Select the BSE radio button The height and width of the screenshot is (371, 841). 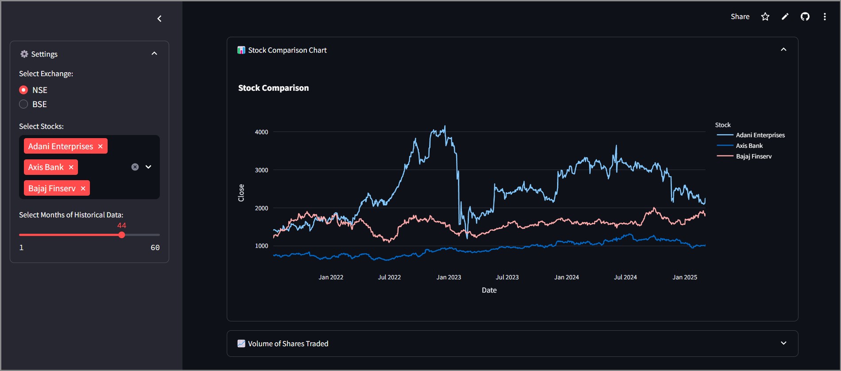coord(23,104)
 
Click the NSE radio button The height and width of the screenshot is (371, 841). coord(23,90)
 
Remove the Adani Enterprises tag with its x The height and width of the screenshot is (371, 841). coord(101,146)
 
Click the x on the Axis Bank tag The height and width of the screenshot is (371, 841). coord(71,167)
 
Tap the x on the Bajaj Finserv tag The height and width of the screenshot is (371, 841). coord(83,188)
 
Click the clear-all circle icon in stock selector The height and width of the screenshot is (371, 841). coord(135,167)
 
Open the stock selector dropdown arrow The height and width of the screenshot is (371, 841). coord(148,167)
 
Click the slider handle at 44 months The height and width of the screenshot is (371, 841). coord(122,235)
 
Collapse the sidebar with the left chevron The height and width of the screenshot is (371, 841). coord(159,19)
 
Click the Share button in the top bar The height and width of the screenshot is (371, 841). coord(740,16)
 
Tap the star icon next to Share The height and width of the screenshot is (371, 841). coord(765,16)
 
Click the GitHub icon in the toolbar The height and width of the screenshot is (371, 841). coord(805,16)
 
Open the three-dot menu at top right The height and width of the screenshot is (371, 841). coord(825,16)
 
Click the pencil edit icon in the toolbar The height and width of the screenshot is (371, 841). coord(785,16)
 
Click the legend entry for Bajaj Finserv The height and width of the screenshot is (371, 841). coord(754,156)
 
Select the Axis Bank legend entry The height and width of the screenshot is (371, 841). coord(749,146)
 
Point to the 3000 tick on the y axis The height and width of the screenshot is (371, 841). coord(261,170)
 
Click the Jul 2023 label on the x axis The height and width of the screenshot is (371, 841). coord(507,277)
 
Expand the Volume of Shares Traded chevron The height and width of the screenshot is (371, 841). coord(783,343)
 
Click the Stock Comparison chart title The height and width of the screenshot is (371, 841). coord(273,88)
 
